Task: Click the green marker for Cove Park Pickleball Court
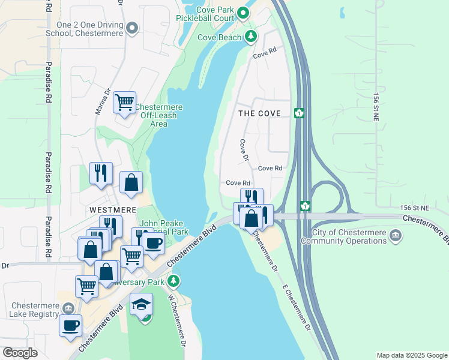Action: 243,13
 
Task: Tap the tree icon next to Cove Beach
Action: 251,37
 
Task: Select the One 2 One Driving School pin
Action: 133,28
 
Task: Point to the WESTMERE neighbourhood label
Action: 113,210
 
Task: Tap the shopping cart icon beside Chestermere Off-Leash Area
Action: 124,103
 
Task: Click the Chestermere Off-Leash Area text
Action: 158,115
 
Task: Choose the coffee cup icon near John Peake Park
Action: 154,243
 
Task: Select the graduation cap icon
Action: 142,305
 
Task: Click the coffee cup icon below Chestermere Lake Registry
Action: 71,326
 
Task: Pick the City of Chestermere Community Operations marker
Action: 395,235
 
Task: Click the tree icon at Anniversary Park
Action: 173,280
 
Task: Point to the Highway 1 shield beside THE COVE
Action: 298,113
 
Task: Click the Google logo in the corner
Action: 20,353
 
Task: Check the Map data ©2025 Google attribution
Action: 411,355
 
